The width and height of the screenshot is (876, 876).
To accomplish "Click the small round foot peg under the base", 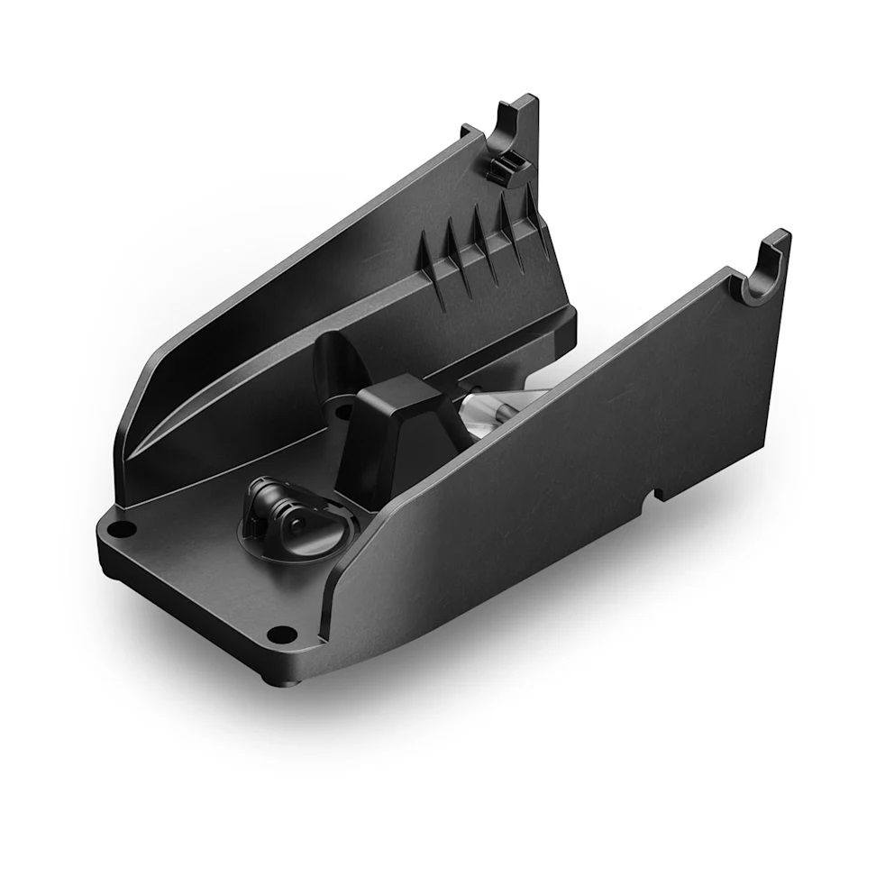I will (x=269, y=674).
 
